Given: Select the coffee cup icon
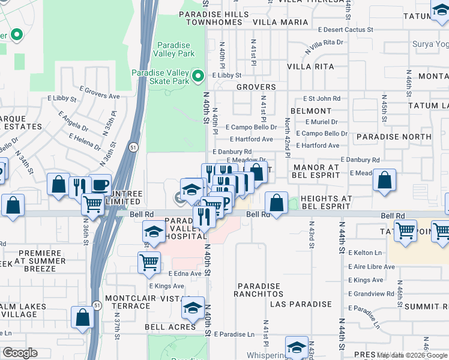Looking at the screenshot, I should pyautogui.click(x=100, y=185).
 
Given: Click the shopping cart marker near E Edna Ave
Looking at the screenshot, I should pyautogui.click(x=149, y=262).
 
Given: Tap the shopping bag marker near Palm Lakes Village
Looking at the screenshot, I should pyautogui.click(x=82, y=317).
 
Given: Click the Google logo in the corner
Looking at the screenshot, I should pyautogui.click(x=20, y=353).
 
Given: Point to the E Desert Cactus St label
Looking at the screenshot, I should pyautogui.click(x=346, y=29).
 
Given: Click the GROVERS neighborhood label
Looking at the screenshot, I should pyautogui.click(x=256, y=87).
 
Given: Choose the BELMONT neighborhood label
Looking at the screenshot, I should pyautogui.click(x=310, y=111).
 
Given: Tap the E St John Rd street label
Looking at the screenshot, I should pyautogui.click(x=321, y=98).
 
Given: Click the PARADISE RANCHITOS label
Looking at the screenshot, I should pyautogui.click(x=259, y=290).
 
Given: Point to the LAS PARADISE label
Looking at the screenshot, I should pyautogui.click(x=301, y=304).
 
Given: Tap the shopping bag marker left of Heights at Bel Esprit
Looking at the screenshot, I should pyautogui.click(x=276, y=203).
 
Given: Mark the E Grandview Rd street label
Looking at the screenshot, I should pyautogui.click(x=371, y=294).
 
